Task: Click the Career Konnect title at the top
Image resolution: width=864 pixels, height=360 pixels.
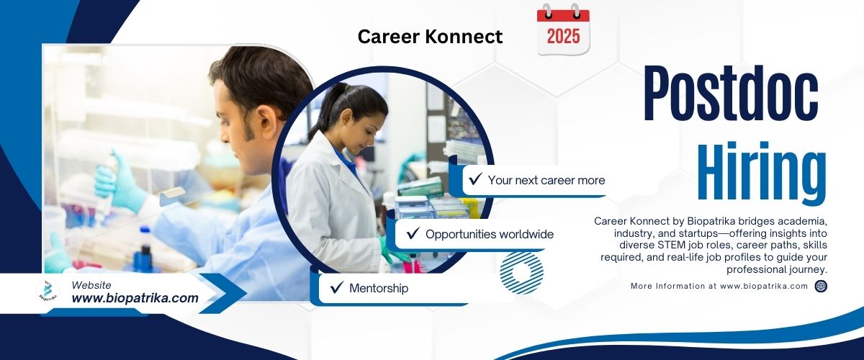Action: pos(430,37)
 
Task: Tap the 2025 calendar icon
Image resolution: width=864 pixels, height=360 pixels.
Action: pos(563,30)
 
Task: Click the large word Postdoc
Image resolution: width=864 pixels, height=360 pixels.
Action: pos(731,93)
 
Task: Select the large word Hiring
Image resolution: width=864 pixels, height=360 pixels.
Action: pos(762,171)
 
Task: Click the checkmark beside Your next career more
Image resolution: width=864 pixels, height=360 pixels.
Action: pos(475,179)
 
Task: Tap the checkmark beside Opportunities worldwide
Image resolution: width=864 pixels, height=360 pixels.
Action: pos(413,233)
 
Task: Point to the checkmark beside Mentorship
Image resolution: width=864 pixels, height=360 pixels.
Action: pos(337,287)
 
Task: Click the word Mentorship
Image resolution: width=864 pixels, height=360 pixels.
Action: pos(379,288)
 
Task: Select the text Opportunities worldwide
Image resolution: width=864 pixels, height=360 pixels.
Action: pos(490,234)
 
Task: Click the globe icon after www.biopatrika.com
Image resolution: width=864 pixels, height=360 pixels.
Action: pos(821,287)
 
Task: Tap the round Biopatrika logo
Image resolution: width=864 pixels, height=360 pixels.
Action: pos(48,291)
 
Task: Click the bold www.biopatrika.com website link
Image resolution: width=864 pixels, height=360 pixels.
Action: pos(135,298)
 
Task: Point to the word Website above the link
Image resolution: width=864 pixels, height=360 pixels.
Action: pos(91,285)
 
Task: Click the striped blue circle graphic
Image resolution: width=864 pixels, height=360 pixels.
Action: pos(522,273)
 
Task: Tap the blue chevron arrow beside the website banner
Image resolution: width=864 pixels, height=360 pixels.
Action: pos(222,293)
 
